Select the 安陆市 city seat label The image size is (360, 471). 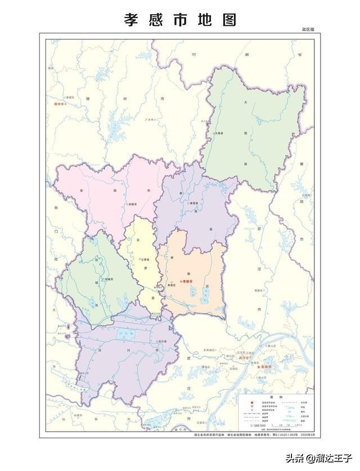133,204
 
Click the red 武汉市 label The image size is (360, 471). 243,357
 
